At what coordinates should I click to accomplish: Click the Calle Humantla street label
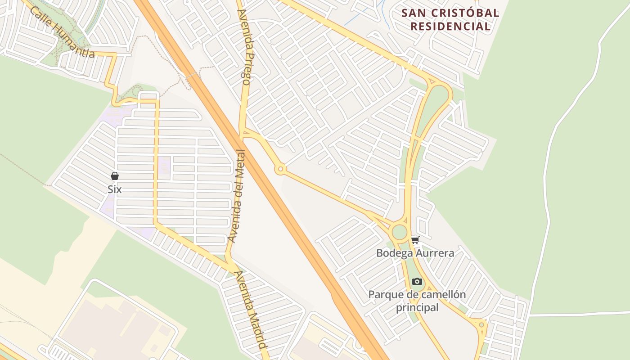[62, 32]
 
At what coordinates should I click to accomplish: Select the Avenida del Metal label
[237, 196]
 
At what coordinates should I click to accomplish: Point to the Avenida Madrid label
[250, 310]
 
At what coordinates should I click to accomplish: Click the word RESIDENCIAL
[450, 26]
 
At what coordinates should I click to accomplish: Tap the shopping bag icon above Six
[115, 176]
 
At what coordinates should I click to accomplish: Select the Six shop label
[115, 189]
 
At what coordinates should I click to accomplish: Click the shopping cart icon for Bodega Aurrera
[415, 240]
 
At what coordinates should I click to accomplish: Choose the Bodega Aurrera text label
[415, 253]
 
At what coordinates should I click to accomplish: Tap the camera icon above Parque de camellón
[417, 282]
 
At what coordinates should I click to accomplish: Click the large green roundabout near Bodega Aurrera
[399, 232]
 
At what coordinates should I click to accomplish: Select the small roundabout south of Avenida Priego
[281, 169]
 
